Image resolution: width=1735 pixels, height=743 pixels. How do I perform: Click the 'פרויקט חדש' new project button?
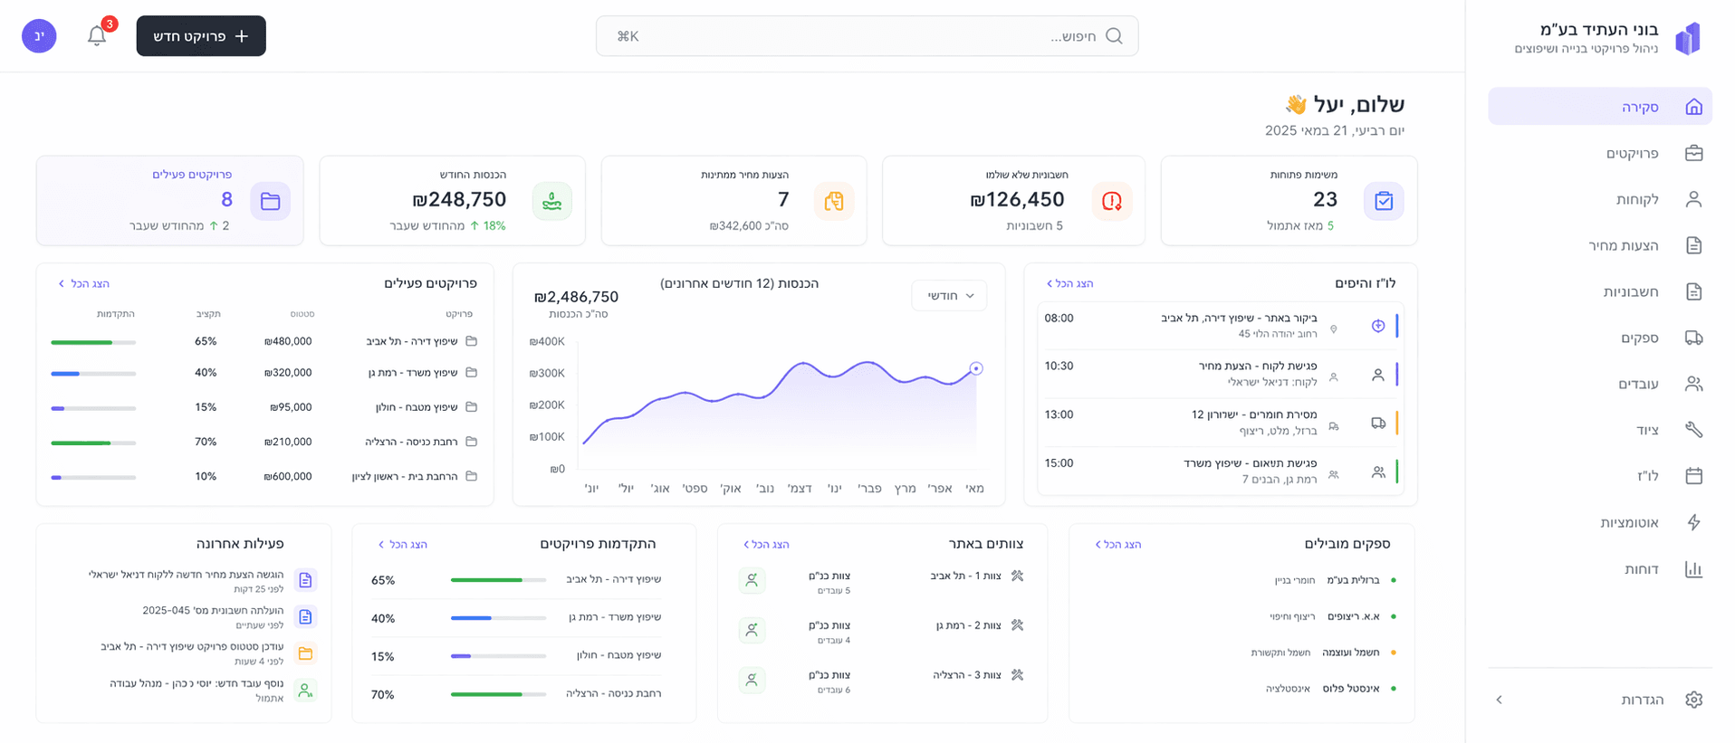coord(201,36)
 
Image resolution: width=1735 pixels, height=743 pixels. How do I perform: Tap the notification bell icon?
coord(97,36)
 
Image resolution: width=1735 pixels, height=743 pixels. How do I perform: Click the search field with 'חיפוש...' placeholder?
coord(867,36)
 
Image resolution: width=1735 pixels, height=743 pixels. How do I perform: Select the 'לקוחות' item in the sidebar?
coord(1637,199)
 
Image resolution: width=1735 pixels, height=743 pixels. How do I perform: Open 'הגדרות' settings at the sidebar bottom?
coord(1642,700)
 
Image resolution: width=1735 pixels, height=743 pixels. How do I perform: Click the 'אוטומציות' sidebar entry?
coord(1629,522)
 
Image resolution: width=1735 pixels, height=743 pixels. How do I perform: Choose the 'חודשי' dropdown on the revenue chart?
coord(949,296)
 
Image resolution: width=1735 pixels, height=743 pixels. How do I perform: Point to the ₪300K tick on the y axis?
coord(547,373)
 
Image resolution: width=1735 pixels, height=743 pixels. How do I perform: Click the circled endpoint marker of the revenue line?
coord(976,368)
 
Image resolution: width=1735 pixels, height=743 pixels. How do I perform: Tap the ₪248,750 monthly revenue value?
coord(459,199)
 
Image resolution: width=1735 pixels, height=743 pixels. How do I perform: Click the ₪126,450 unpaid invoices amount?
coord(1017,199)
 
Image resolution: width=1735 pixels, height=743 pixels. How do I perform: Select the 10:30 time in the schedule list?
coord(1059,367)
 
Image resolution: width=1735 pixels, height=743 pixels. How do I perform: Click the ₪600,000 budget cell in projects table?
coord(288,476)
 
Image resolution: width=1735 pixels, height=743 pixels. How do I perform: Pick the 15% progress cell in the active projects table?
coord(206,407)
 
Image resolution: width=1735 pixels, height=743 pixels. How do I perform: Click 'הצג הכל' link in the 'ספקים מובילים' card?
coord(1118,545)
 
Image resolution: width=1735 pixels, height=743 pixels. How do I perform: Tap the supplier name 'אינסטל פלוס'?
coord(1351,689)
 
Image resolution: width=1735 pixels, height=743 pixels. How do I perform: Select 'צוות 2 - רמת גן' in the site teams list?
coord(968,625)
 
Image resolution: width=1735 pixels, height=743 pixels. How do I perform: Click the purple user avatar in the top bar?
coord(39,36)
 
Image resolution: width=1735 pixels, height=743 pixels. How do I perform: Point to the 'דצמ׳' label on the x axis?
coord(800,489)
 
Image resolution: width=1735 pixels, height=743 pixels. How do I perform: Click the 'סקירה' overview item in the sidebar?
coord(1640,107)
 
